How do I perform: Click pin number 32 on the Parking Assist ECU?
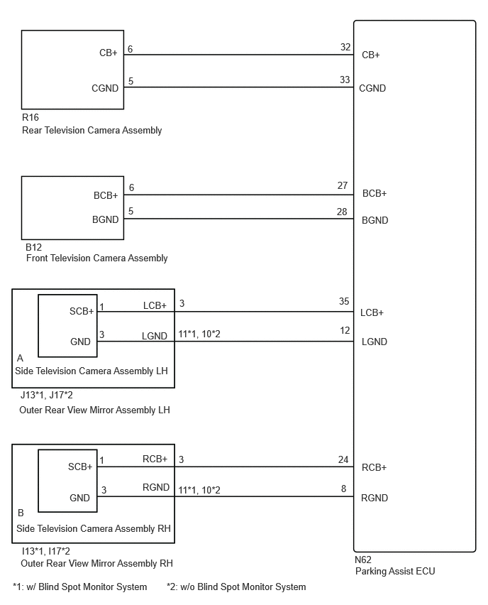pos(345,47)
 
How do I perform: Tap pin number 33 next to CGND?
pos(345,80)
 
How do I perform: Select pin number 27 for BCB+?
pos(343,185)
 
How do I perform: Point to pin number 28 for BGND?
pos(342,212)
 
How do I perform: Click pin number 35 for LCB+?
pos(344,301)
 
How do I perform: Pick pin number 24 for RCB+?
pos(343,459)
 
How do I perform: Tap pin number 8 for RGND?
pos(343,489)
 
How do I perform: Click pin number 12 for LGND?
pos(345,331)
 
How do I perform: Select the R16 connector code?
pos(30,117)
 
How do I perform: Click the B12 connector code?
pos(33,247)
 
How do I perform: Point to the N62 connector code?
pos(363,560)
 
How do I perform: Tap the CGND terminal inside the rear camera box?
pos(105,88)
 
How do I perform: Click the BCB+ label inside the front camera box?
pos(106,195)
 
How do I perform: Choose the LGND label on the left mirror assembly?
pos(155,336)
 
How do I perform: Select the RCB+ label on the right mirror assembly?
pos(155,459)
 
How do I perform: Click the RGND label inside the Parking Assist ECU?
pos(375,498)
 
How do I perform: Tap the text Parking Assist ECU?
pos(395,571)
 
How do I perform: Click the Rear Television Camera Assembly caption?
pos(91,131)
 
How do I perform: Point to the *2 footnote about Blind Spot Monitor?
pos(236,587)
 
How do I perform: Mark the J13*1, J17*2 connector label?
pos(46,395)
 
